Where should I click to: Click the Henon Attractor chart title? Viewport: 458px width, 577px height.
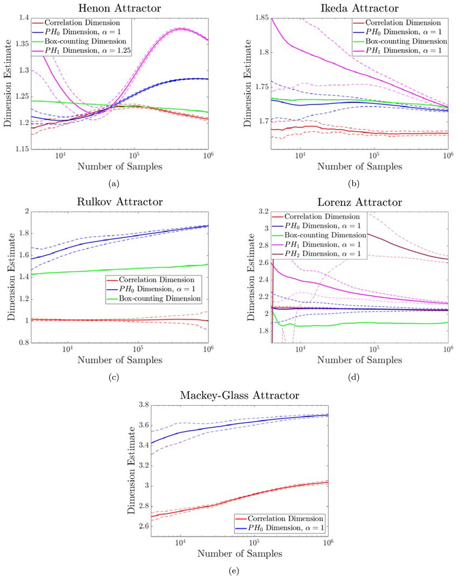tap(120, 8)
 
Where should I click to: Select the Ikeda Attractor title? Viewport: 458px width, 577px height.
tap(360, 8)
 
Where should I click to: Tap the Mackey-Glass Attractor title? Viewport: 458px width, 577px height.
tap(239, 395)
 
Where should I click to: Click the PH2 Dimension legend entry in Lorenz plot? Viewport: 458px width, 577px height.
tap(322, 254)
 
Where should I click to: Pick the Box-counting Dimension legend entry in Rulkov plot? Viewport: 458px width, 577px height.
tap(160, 299)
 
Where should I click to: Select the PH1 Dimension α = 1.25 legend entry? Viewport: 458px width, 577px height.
tap(87, 50)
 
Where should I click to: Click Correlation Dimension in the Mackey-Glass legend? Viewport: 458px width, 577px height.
tap(285, 519)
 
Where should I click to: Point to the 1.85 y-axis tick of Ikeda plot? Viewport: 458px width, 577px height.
tap(262, 18)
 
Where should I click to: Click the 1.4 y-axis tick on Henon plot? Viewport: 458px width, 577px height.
tap(24, 18)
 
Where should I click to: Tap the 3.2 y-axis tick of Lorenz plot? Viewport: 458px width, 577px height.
tap(263, 211)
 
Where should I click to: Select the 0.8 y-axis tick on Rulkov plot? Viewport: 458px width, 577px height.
tap(24, 342)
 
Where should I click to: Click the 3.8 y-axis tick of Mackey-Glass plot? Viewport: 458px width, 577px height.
tap(143, 405)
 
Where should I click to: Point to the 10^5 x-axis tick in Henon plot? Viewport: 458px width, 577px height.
tap(134, 155)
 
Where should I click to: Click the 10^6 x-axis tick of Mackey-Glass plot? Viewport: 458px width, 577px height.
tap(328, 542)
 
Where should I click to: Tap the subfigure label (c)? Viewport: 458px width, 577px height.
tap(113, 377)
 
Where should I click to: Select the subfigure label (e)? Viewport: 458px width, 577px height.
tap(234, 571)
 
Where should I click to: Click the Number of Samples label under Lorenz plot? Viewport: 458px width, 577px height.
tap(360, 360)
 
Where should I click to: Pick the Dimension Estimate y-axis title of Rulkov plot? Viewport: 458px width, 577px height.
tap(11, 277)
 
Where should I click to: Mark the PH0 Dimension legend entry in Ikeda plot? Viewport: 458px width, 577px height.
tap(403, 32)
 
